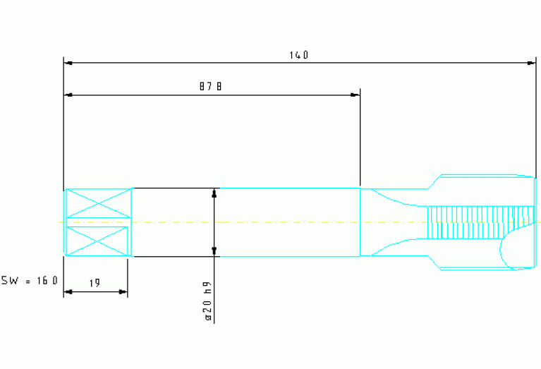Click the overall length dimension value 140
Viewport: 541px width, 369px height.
pos(299,55)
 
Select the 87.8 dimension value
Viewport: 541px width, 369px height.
pos(210,86)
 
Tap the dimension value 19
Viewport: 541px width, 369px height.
pos(95,283)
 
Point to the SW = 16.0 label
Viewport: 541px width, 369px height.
pos(30,280)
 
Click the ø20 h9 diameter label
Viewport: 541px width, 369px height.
pos(207,301)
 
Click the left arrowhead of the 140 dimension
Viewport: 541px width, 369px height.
pos(68,63)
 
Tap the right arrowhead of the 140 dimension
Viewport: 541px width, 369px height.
pos(531,63)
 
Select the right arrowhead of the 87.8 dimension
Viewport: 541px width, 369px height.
pos(355,95)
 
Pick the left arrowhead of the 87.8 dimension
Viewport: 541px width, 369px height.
pos(68,95)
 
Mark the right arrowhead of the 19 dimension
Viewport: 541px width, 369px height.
pos(123,292)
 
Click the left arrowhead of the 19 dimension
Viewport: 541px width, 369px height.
pos(68,292)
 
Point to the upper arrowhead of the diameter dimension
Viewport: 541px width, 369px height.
pos(214,193)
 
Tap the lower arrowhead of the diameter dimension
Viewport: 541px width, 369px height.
pos(214,252)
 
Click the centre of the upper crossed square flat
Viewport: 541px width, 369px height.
pos(99,203)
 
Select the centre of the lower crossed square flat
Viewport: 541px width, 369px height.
pos(97,241)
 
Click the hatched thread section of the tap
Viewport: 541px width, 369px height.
pos(480,222)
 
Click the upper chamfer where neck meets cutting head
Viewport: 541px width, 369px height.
pos(434,182)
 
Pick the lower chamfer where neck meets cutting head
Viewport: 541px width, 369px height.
pos(434,262)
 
